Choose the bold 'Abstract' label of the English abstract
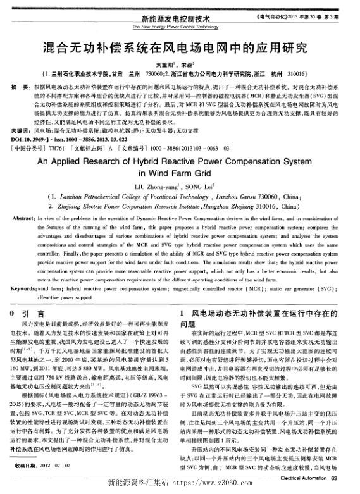coord(23,217)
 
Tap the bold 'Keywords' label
coord(24,288)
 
